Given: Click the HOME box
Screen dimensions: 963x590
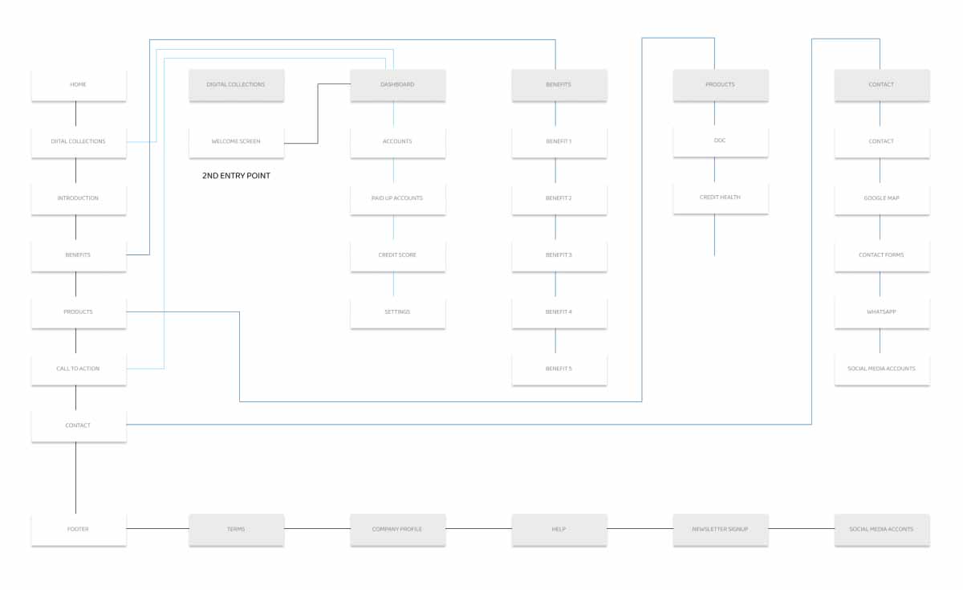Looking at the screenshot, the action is [x=79, y=85].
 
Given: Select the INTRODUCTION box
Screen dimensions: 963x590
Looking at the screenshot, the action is [x=79, y=199].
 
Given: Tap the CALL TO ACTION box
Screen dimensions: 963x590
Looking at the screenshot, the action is [x=79, y=369].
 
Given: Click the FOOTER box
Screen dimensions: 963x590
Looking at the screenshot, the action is [x=79, y=530].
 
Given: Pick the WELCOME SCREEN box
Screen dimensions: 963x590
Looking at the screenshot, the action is [x=237, y=142].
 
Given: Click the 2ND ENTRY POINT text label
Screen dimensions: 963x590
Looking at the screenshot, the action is [x=236, y=176].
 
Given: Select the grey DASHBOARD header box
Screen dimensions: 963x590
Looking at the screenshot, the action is [x=398, y=85].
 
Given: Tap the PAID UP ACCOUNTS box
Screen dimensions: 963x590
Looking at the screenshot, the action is [x=398, y=199].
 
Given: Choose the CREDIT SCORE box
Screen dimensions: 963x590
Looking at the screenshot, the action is [x=398, y=255].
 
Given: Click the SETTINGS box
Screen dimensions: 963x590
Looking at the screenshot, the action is [x=398, y=312].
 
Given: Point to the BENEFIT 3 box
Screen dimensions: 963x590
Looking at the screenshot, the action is [x=559, y=255].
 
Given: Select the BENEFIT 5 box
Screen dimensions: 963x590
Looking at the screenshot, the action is [x=559, y=369].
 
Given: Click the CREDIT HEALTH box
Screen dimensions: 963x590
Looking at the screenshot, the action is [x=721, y=197].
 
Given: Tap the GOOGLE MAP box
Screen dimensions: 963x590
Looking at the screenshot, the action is [x=882, y=199].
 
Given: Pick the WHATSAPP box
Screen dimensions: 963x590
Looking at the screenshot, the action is [x=882, y=312].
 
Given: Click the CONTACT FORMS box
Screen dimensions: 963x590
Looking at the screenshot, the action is [x=882, y=255].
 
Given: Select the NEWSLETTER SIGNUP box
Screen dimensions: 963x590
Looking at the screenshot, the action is [x=721, y=530].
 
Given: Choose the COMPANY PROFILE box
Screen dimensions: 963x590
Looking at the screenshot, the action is [x=398, y=530].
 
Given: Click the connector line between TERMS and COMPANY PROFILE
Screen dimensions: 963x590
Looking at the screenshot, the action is [x=317, y=529].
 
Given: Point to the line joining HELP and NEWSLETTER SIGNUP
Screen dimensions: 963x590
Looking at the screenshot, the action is [x=640, y=529].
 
